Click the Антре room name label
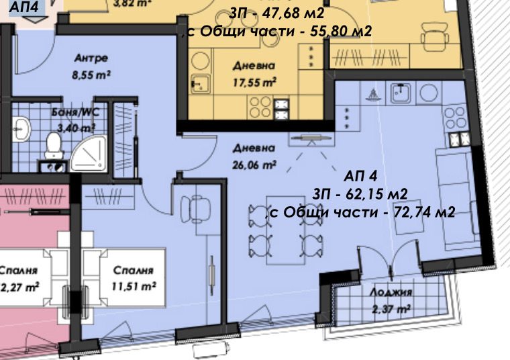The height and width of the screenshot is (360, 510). coord(92,59)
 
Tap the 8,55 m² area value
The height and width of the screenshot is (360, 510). coord(91,75)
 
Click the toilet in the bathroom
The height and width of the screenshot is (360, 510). coord(53,145)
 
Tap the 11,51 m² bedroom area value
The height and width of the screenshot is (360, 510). coord(134,286)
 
